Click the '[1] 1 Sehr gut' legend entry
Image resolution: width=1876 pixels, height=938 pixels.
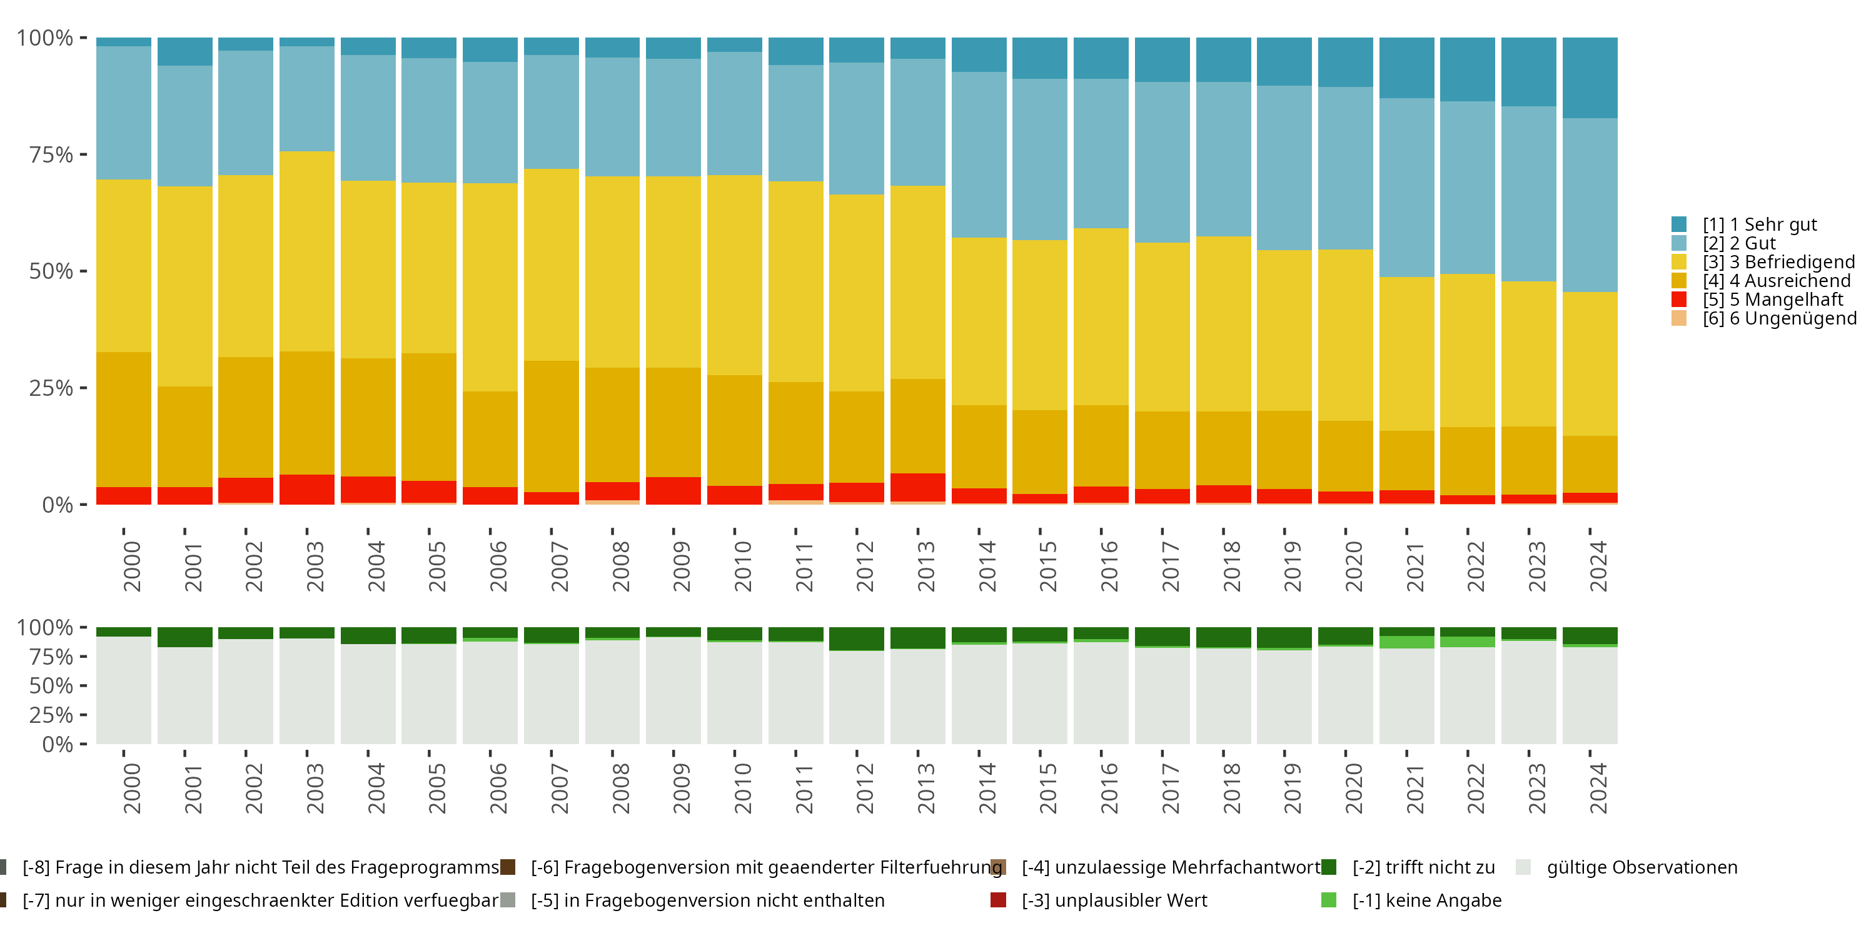[1758, 224]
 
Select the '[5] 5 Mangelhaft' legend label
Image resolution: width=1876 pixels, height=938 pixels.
[1772, 300]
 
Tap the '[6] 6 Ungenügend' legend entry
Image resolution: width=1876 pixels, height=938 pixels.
[1778, 318]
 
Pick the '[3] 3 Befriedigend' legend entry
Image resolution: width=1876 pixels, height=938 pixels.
[1778, 262]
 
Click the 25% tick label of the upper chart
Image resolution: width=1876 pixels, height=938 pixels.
[51, 388]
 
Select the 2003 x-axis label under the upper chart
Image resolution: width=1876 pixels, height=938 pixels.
[315, 567]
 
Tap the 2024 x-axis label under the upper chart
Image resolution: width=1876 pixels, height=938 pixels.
[1598, 567]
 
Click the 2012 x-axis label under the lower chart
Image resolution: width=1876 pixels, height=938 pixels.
[864, 789]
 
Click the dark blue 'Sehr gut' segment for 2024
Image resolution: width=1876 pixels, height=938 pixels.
[1590, 78]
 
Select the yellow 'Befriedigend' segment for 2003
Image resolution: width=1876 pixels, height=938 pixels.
[306, 251]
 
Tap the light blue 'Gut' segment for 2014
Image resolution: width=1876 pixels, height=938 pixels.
[979, 154]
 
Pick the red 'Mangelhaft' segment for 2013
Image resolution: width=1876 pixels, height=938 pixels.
[917, 487]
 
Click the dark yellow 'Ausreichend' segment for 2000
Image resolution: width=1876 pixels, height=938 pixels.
[124, 420]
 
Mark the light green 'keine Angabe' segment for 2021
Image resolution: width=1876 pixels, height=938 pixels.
[1406, 642]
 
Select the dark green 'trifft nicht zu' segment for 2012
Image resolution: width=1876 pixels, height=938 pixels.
[857, 638]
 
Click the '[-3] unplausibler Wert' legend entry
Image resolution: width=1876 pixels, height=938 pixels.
[1114, 900]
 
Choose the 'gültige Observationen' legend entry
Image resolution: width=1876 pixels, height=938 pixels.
[1641, 867]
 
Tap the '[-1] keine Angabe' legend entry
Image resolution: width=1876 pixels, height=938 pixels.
[1426, 900]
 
